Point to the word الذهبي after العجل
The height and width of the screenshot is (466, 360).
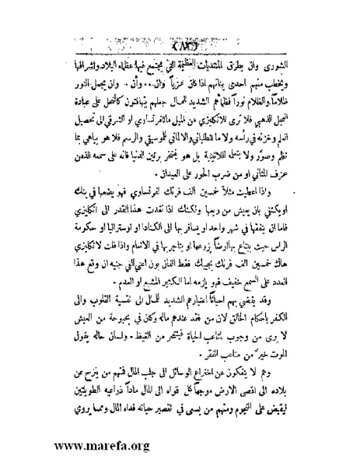(x=259, y=114)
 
